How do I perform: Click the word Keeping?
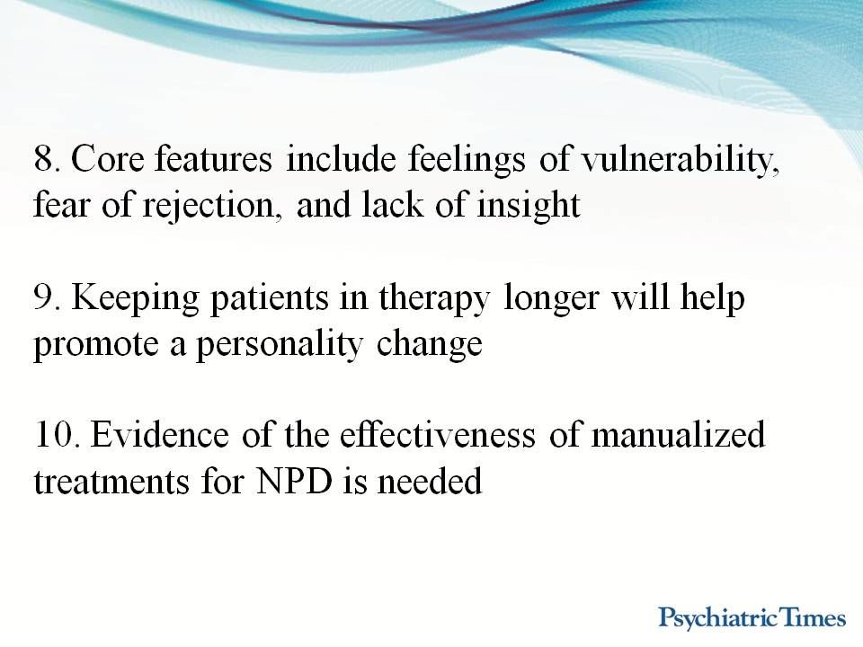(135, 298)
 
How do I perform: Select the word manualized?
(678, 436)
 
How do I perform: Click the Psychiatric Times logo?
(752, 618)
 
